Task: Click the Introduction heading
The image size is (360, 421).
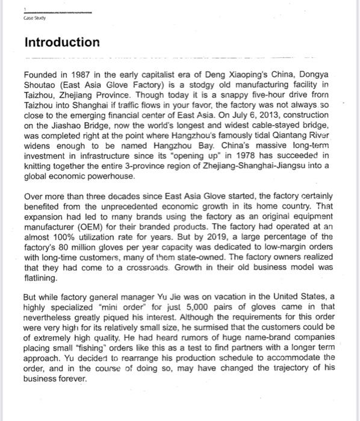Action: pos(62,43)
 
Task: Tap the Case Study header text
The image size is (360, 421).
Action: pos(34,18)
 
